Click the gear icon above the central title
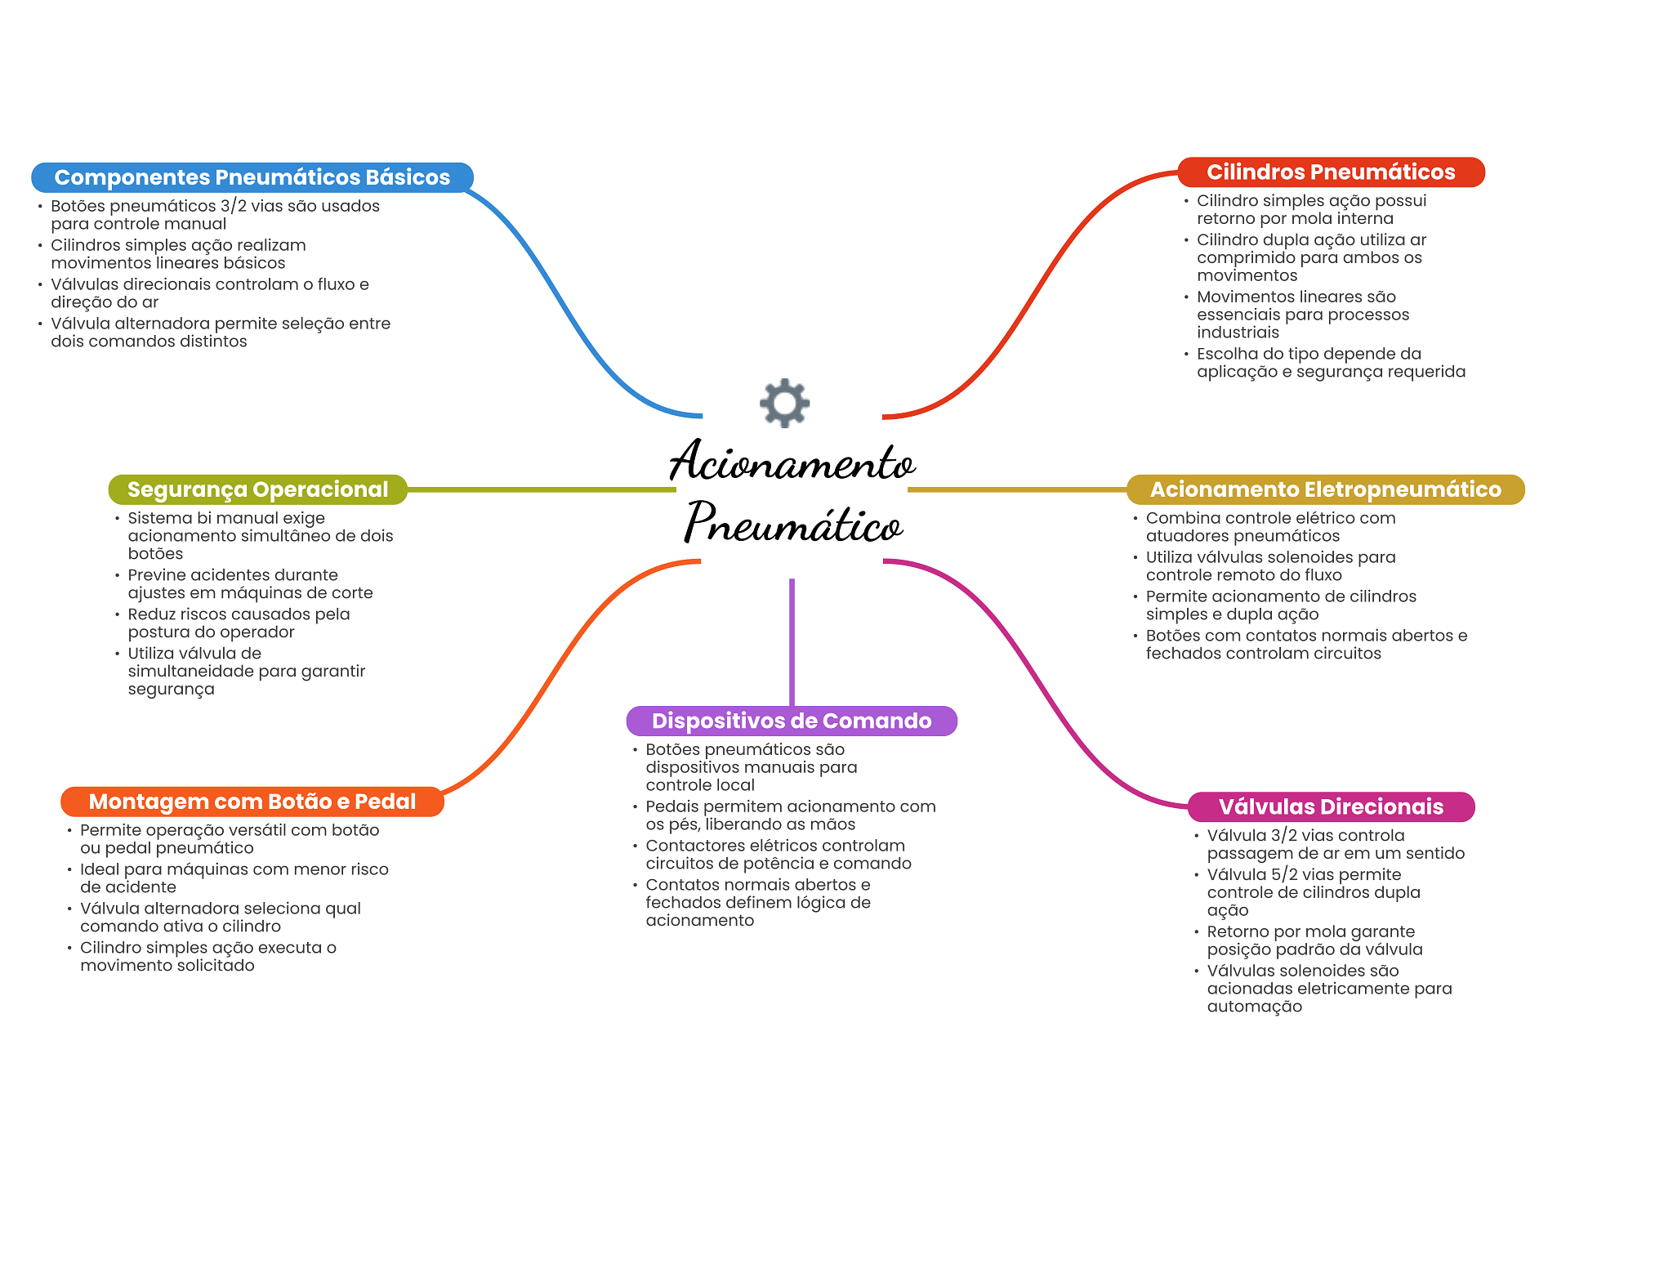pyautogui.click(x=784, y=402)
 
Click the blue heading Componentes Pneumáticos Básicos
pyautogui.click(x=252, y=177)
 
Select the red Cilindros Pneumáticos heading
pyautogui.click(x=1331, y=172)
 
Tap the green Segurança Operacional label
pyautogui.click(x=257, y=489)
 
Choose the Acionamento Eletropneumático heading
pyautogui.click(x=1325, y=489)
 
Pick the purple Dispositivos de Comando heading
pyautogui.click(x=791, y=721)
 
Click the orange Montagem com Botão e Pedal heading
pyautogui.click(x=252, y=802)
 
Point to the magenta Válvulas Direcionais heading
pyautogui.click(x=1331, y=806)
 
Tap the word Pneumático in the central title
pyautogui.click(x=792, y=523)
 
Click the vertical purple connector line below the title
pyautogui.click(x=792, y=641)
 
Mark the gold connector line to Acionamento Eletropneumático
pyautogui.click(x=1017, y=489)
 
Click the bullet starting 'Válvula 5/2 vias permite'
pyautogui.click(x=1314, y=892)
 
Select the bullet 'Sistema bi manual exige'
pyautogui.click(x=260, y=535)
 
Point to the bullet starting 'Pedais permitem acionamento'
pyautogui.click(x=790, y=815)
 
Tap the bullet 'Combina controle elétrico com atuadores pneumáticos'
pyautogui.click(x=1270, y=527)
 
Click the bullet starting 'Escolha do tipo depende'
pyautogui.click(x=1331, y=363)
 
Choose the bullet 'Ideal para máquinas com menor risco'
pyautogui.click(x=234, y=878)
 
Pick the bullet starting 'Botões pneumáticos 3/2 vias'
pyautogui.click(x=215, y=215)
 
